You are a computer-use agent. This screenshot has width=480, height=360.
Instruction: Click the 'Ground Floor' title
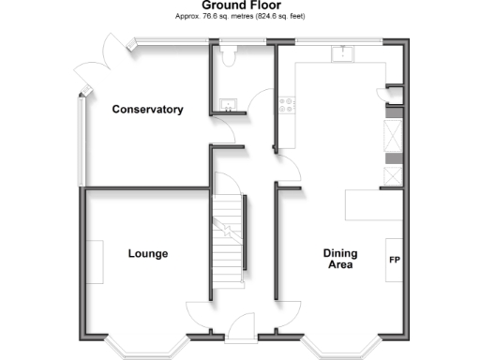tap(241, 6)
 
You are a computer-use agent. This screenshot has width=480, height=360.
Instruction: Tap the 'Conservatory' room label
tap(147, 110)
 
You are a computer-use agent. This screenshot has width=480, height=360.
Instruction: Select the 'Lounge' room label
tap(147, 253)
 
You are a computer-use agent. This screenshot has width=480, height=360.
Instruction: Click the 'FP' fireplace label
tap(395, 260)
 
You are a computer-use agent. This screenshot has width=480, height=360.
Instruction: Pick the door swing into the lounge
tap(199, 315)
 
